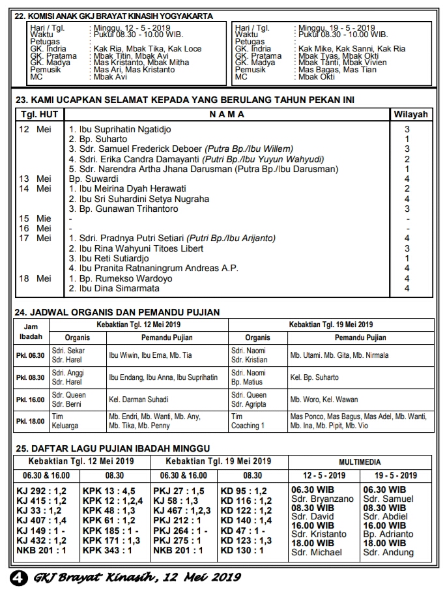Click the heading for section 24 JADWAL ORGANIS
[x=117, y=312]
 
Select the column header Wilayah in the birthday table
[x=410, y=114]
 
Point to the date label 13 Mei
[x=35, y=179]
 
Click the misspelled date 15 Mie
[x=35, y=218]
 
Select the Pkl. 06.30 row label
[x=30, y=355]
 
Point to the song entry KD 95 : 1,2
[x=244, y=490]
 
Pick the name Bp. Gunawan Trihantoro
[x=116, y=209]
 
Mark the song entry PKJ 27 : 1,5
[x=179, y=490]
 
